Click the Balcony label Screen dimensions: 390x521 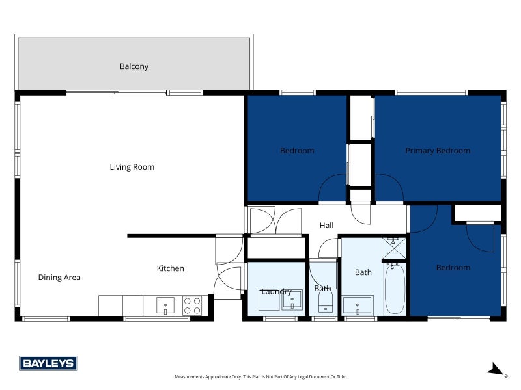coord(134,66)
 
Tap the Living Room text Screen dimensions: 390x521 coord(132,167)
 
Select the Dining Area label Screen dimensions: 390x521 coord(59,278)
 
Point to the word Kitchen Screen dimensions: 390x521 coord(170,268)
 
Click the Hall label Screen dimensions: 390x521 coord(326,226)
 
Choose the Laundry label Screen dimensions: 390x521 coord(276,292)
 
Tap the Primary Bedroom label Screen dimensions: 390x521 coord(437,151)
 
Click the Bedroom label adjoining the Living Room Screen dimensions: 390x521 coord(296,151)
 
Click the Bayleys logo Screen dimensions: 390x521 coord(48,363)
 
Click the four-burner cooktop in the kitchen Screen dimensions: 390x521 coord(192,305)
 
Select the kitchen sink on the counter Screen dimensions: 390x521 coord(165,305)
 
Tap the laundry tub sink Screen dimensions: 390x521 coord(292,300)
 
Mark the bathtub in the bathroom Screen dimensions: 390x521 coord(395,289)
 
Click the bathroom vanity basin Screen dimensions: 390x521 coord(358,305)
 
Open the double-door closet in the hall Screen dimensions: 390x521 coord(275,221)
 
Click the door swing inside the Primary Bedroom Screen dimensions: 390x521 coord(389,189)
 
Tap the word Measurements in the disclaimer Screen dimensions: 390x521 coord(191,377)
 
